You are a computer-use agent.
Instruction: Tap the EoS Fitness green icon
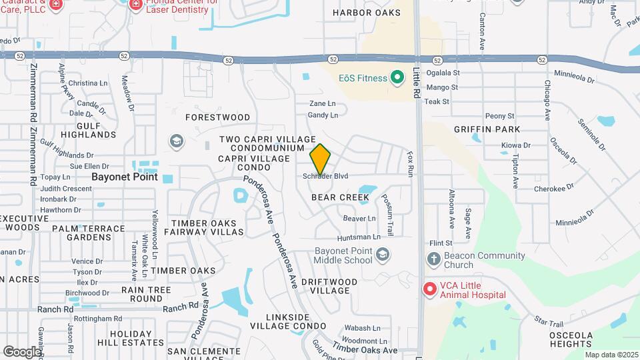(397, 78)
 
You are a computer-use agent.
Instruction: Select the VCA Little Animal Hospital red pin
(430, 289)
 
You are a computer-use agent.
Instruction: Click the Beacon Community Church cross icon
(433, 258)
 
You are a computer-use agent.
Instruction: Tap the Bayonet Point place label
(125, 177)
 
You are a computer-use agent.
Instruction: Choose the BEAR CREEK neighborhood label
(340, 197)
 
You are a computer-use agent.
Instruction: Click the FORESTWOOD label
(217, 117)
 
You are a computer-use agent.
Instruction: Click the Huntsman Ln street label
(359, 237)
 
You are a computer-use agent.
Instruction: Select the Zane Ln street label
(322, 104)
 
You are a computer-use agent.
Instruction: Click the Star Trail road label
(549, 323)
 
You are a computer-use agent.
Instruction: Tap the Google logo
(22, 351)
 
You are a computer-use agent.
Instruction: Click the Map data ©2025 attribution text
(611, 355)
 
